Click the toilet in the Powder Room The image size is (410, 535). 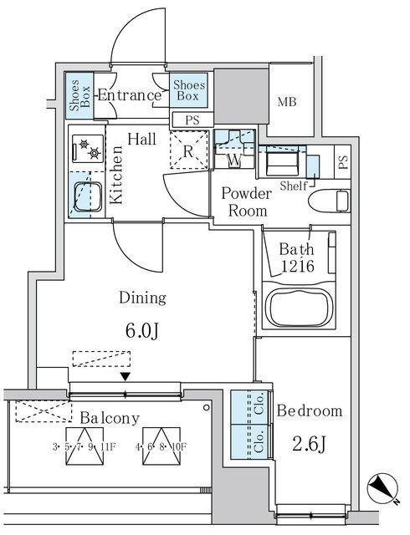330,201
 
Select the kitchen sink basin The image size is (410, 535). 88,196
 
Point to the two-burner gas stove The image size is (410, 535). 88,149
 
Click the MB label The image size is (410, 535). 287,102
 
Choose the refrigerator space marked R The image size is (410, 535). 189,150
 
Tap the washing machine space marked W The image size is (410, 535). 234,149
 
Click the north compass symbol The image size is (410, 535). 383,488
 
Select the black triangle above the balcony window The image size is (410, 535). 126,376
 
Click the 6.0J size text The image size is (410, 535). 141,331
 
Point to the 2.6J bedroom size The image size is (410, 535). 309,445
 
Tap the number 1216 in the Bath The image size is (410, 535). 297,266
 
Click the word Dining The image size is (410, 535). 142,298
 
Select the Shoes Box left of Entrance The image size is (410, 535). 79,96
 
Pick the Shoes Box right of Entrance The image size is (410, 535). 188,90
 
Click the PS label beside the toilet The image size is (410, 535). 343,162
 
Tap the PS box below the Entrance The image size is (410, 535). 192,120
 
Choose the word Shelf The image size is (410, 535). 294,186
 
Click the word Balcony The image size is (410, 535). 110,418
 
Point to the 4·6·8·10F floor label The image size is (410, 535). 161,446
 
